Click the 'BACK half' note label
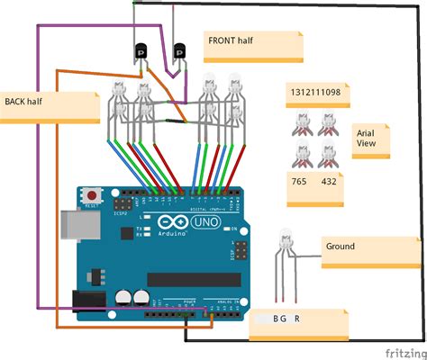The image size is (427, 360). point(25,101)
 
